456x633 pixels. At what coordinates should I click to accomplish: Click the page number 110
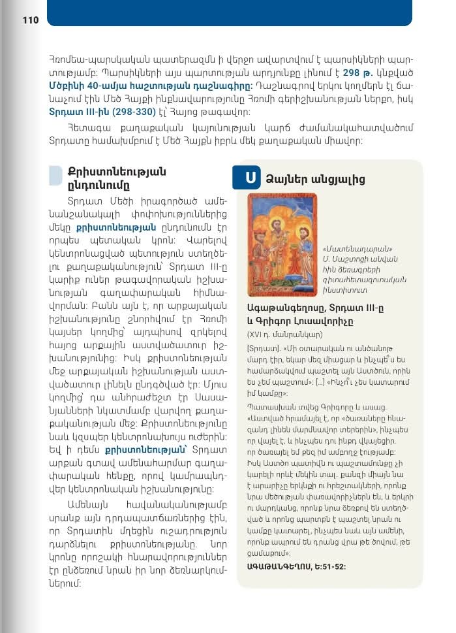(31, 20)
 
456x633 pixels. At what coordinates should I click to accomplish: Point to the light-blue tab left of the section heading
(56, 176)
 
